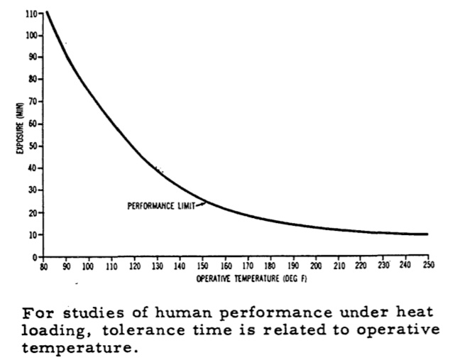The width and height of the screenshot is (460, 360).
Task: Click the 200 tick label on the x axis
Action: (315, 266)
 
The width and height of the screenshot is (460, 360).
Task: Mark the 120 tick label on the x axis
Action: (134, 266)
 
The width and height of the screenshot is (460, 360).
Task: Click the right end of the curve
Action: (427, 234)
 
